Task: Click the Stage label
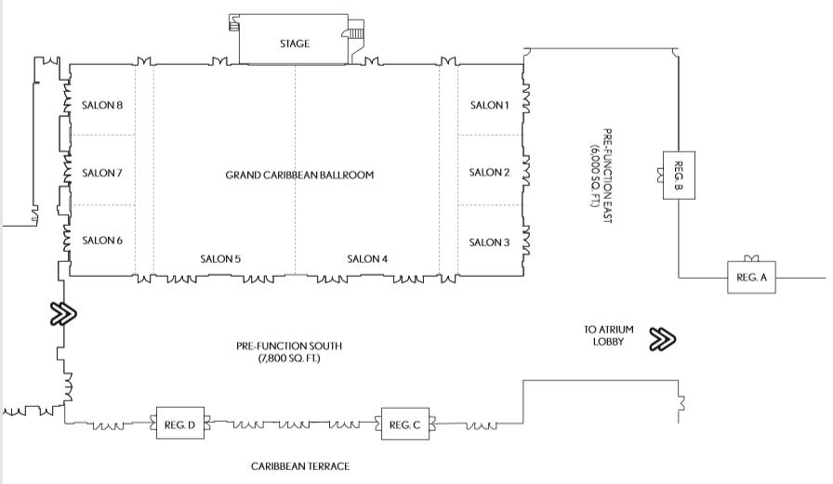pyautogui.click(x=295, y=44)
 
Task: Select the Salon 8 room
pyautogui.click(x=102, y=105)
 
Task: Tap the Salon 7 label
pyautogui.click(x=102, y=173)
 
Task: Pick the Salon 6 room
pyautogui.click(x=102, y=241)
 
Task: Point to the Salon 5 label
pyautogui.click(x=221, y=259)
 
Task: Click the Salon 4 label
pyautogui.click(x=367, y=259)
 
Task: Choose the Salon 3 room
pyautogui.click(x=490, y=242)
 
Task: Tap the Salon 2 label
pyautogui.click(x=490, y=172)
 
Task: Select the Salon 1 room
pyautogui.click(x=490, y=105)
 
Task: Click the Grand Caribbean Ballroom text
pyautogui.click(x=299, y=175)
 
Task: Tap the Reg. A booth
pyautogui.click(x=750, y=278)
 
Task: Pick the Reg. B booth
pyautogui.click(x=679, y=174)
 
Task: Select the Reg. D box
pyautogui.click(x=178, y=425)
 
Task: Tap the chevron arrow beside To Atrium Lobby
pyautogui.click(x=663, y=339)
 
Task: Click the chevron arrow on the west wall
pyautogui.click(x=63, y=314)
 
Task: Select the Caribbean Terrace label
pyautogui.click(x=300, y=466)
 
